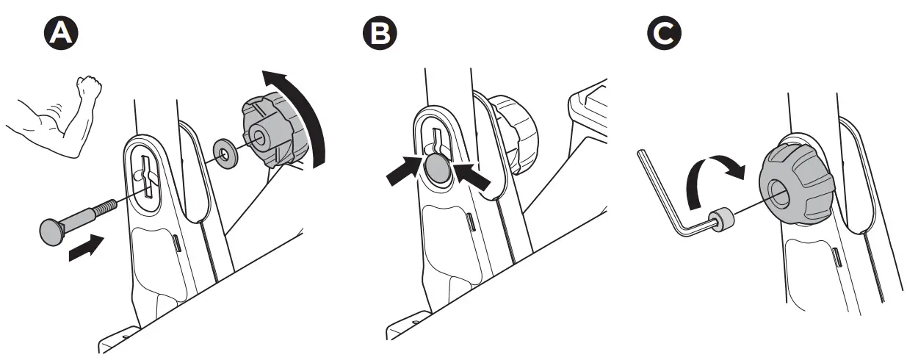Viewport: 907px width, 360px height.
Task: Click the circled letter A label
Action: [61, 34]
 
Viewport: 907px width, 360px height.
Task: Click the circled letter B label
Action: [379, 34]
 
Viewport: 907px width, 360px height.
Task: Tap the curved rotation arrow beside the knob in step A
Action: [303, 110]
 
